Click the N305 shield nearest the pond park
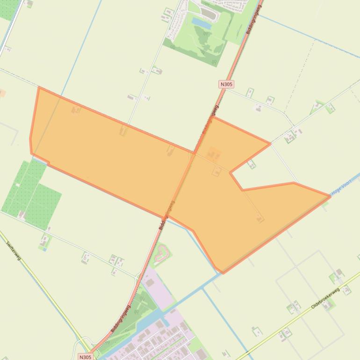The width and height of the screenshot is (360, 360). click(226, 84)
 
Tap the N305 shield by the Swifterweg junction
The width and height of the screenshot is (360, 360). click(85, 357)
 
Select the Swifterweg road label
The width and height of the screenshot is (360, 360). click(14, 251)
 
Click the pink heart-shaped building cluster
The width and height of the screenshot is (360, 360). click(161, 253)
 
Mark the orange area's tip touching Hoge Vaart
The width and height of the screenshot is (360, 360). click(330, 196)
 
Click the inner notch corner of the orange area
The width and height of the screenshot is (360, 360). click(230, 173)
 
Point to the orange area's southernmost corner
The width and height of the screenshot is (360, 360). click(223, 272)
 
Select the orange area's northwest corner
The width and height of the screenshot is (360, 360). click(39, 87)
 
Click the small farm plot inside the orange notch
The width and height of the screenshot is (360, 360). click(252, 164)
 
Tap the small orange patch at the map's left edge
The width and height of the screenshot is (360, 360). click(2, 93)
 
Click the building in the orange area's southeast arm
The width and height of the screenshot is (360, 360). click(260, 218)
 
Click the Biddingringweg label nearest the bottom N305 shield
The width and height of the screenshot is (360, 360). click(120, 320)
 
